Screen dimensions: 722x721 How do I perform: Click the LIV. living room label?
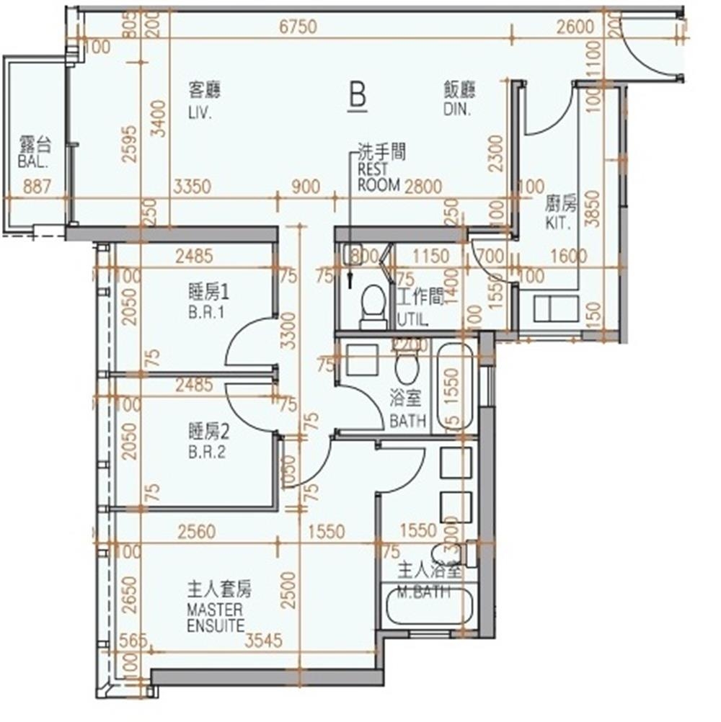point(200,113)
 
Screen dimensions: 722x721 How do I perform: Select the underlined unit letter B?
point(357,95)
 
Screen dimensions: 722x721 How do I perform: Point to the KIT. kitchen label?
point(558,224)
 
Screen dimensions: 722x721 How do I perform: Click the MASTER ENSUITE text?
point(216,618)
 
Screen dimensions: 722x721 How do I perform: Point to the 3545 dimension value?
point(264,639)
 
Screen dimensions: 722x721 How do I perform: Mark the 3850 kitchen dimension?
point(593,208)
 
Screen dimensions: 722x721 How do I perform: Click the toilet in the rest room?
point(373,303)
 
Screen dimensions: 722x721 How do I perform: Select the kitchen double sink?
point(556,308)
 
